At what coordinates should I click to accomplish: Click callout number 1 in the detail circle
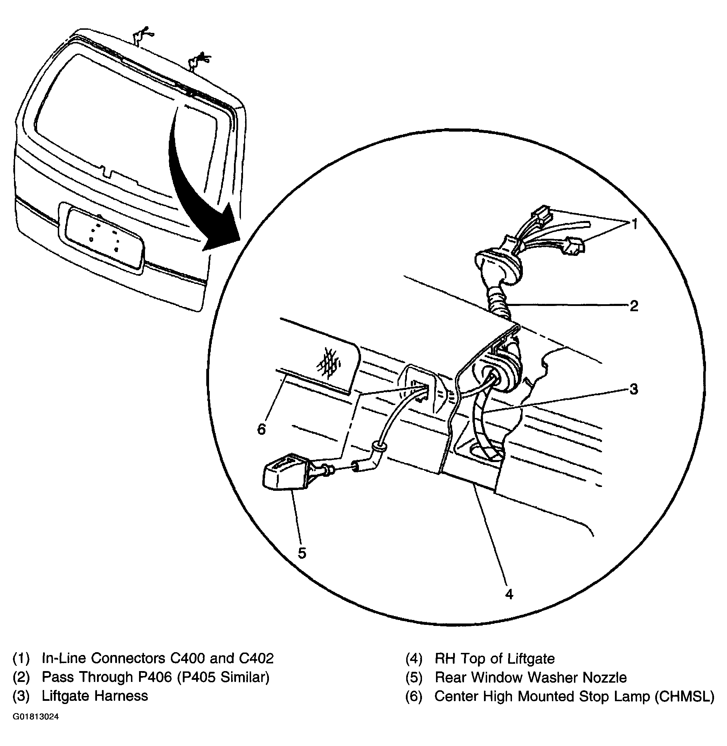[634, 224]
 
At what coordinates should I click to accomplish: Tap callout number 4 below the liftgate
[509, 594]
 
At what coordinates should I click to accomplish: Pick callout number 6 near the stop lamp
[262, 430]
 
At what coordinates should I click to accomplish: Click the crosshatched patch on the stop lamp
[328, 362]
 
